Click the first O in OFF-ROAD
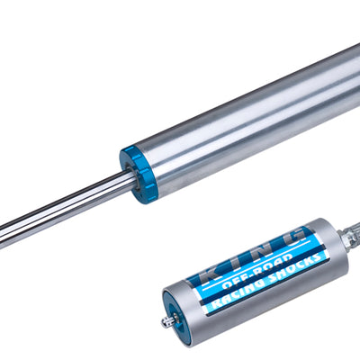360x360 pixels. click(x=228, y=281)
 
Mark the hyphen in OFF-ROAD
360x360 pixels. click(x=255, y=270)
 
